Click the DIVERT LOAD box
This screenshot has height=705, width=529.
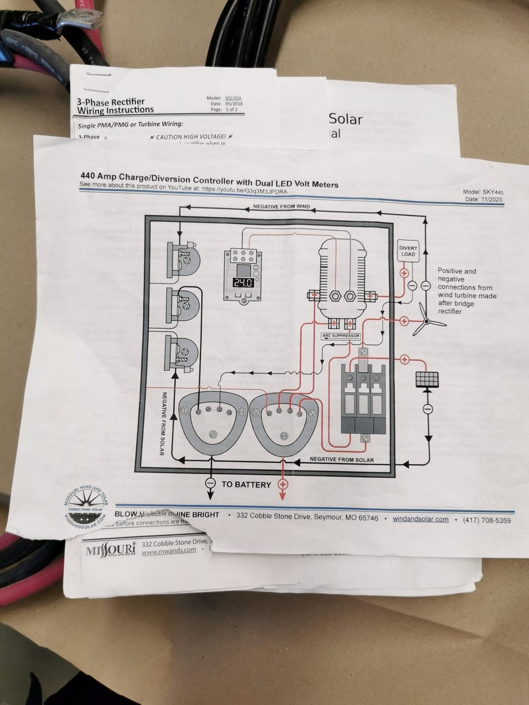coord(408,251)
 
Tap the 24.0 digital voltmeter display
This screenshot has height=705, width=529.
coord(242,283)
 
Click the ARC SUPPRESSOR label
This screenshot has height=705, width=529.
coord(340,335)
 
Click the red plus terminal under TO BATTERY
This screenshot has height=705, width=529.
coord(283,484)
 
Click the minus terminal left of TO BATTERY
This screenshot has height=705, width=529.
coord(210,483)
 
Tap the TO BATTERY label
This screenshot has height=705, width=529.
coord(246,485)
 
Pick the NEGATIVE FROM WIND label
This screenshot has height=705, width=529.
coord(281,207)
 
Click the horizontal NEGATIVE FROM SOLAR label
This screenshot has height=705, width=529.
coord(342,459)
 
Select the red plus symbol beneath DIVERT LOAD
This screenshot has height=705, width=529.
coord(403,273)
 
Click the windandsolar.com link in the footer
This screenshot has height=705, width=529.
coord(420,519)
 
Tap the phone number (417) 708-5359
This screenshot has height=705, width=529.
coord(487,520)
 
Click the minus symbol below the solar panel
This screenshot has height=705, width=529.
coord(427,409)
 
